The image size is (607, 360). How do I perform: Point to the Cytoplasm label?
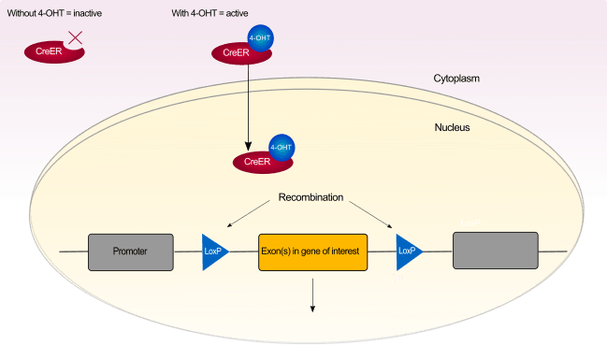click(455, 79)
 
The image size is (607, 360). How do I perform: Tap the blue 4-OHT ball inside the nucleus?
click(281, 148)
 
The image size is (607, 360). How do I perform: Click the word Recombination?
click(311, 198)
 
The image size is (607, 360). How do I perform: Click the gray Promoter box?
click(130, 252)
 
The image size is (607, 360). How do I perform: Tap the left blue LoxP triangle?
click(214, 252)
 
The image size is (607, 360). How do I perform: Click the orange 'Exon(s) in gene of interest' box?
click(312, 252)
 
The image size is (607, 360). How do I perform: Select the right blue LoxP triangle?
click(408, 252)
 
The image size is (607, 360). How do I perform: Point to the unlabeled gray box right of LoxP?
click(495, 251)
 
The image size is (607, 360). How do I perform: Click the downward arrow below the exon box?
click(312, 295)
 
